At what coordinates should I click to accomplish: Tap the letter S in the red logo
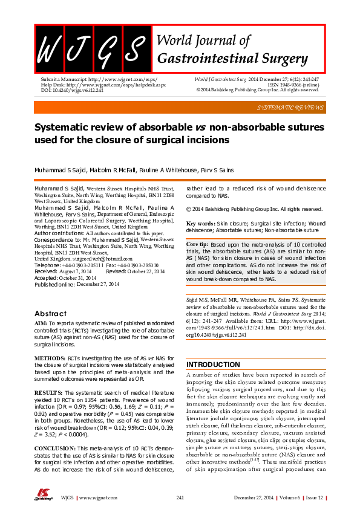137,48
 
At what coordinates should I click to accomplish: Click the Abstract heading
50,314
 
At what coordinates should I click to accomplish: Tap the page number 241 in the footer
180,497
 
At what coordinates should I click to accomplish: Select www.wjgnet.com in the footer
97,497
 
